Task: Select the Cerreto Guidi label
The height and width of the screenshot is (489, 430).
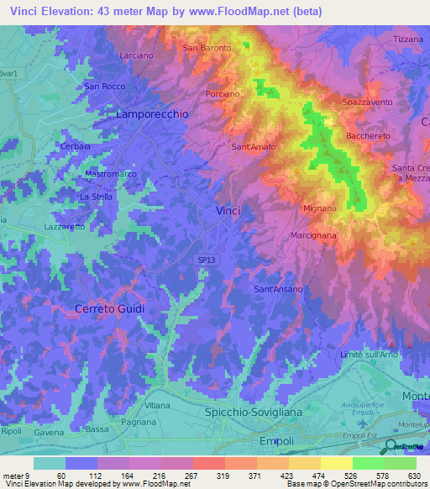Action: [x=109, y=308]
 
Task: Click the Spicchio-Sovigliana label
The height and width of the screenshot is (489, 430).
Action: [x=253, y=413]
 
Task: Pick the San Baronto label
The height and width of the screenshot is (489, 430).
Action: [x=207, y=48]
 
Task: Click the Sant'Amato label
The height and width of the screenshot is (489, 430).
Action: [x=253, y=147]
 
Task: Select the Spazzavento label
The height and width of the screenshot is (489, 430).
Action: [x=367, y=102]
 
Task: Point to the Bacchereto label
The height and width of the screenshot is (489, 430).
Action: [x=369, y=135]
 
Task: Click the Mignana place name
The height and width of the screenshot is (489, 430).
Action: [x=319, y=208]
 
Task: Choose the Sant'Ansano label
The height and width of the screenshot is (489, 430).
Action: [x=278, y=289]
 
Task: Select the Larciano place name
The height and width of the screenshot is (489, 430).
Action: [x=136, y=55]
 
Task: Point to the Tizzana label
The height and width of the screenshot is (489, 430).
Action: [x=408, y=39]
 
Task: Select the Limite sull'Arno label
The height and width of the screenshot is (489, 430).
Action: [x=368, y=356]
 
